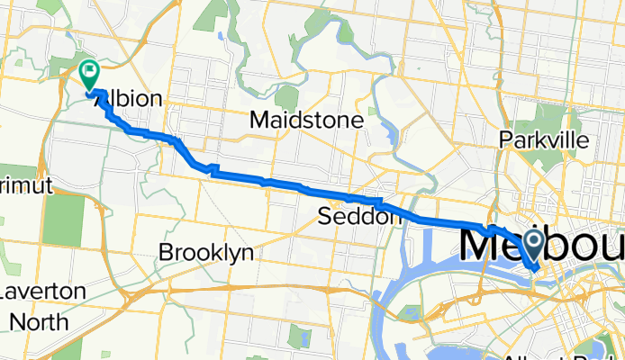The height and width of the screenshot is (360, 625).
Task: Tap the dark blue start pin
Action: click(x=532, y=241)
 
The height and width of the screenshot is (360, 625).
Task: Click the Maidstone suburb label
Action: click(x=306, y=119)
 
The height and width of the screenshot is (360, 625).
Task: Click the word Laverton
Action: click(x=42, y=292)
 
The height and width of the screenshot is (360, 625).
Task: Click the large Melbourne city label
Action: click(x=540, y=245)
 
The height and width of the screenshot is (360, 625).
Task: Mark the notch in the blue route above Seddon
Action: click(x=378, y=202)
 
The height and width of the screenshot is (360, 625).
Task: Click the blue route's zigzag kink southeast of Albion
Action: click(x=212, y=168)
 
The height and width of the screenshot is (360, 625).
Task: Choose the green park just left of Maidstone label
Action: click(x=286, y=96)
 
